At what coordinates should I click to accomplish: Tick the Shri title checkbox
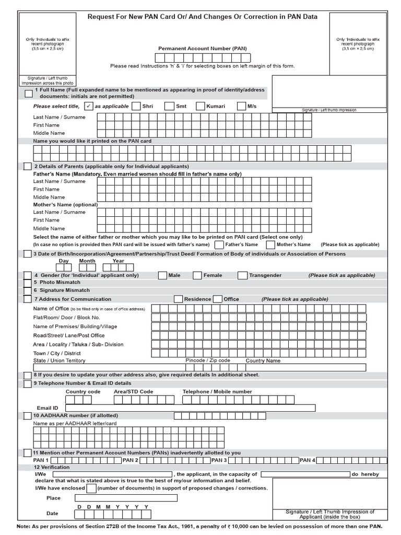tap(136, 106)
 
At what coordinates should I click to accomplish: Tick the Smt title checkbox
tap(169, 106)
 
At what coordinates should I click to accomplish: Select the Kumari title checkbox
tap(200, 106)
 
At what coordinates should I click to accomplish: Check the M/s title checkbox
tap(241, 106)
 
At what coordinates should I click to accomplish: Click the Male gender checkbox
tap(162, 275)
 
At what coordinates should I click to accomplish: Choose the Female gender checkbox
tap(197, 275)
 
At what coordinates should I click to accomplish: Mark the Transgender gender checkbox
tap(242, 275)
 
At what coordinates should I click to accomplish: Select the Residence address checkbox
tap(178, 299)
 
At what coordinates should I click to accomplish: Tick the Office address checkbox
tap(218, 299)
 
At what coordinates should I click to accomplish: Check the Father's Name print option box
tap(219, 245)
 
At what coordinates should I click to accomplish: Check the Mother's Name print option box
tap(270, 245)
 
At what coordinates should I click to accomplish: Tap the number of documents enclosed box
tap(91, 488)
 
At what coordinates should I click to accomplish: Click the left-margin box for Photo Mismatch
tap(27, 282)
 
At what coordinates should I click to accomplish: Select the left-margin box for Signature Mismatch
tap(27, 290)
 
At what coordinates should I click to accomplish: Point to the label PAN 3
tap(218, 460)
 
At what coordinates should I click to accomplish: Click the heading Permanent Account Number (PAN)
tap(203, 49)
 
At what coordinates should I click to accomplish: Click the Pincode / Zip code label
tap(208, 360)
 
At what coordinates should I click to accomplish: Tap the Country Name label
tap(263, 360)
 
